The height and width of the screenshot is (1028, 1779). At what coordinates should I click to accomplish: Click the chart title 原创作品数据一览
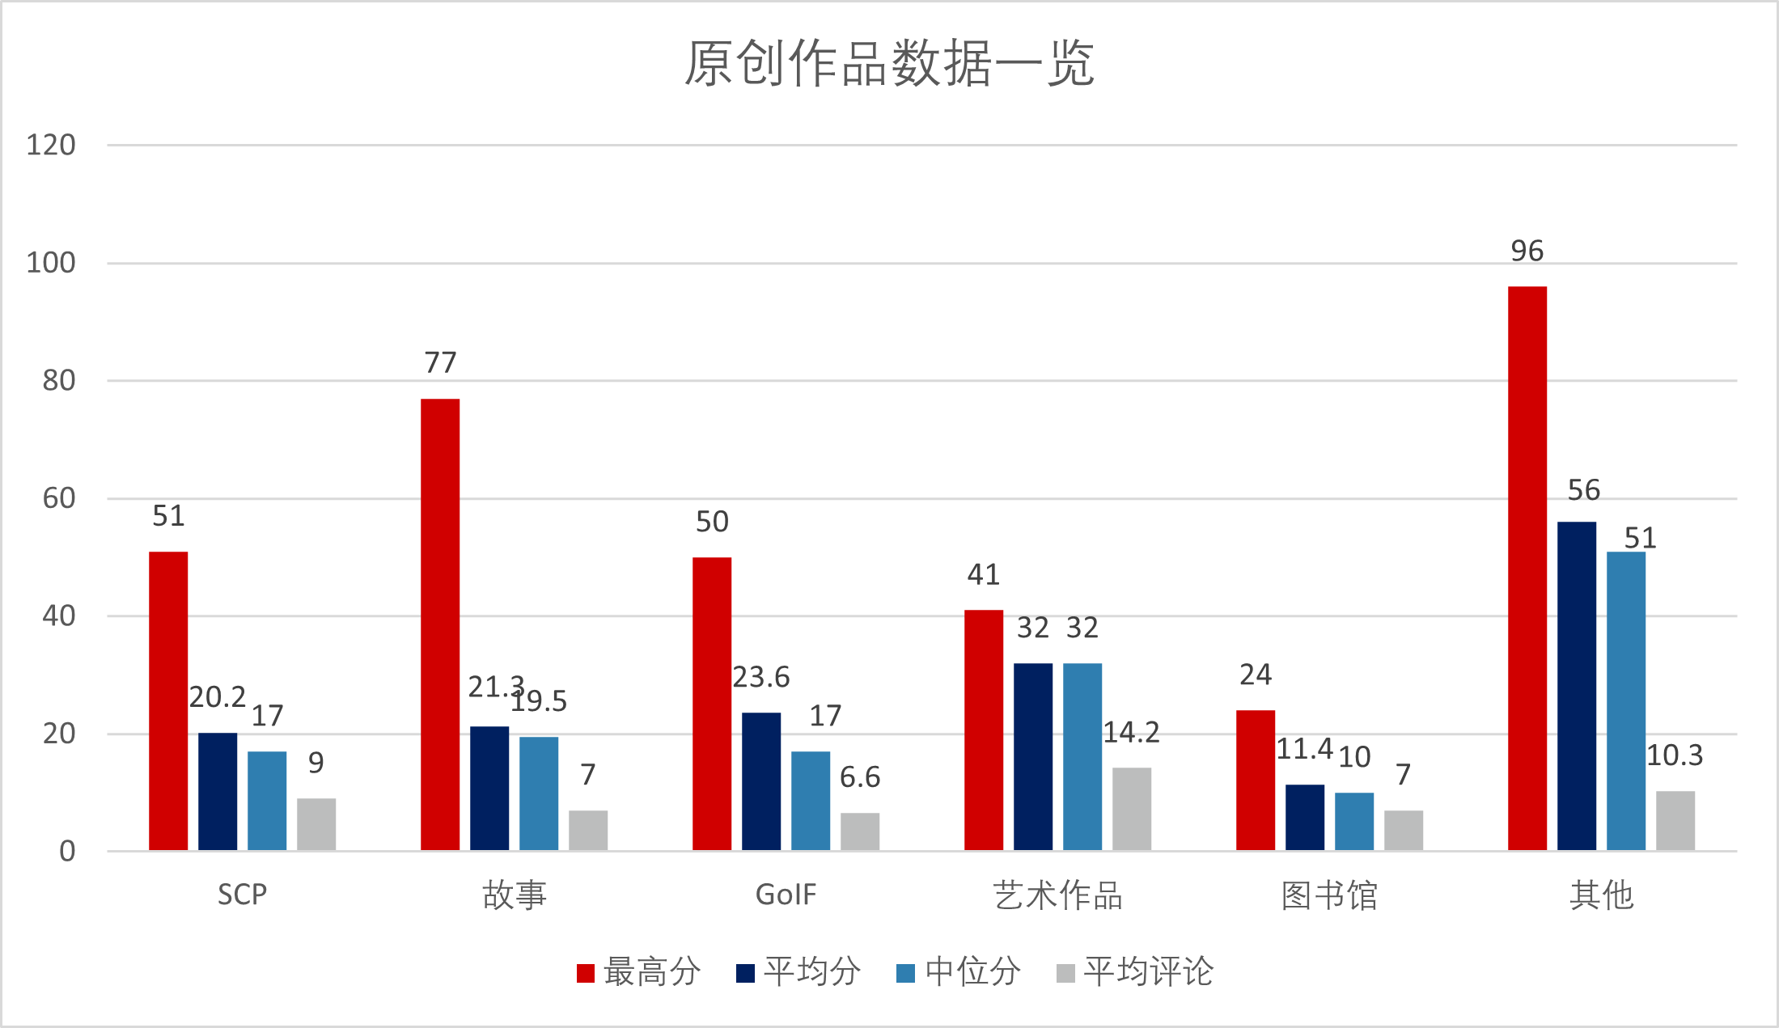coord(889,63)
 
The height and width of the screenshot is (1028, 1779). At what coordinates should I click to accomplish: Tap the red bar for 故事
coord(440,624)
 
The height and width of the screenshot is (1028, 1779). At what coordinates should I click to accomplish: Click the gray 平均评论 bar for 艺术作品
coord(1131,808)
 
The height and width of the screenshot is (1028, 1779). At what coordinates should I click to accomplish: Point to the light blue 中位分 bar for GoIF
coord(810,800)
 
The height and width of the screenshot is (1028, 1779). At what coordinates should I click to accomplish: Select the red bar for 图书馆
coord(1255,780)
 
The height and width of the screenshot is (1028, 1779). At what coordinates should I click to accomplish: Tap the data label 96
coord(1527,252)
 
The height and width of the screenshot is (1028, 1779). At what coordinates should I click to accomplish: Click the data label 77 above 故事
coord(440,363)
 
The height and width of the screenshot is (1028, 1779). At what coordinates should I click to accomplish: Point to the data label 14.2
coord(1131,733)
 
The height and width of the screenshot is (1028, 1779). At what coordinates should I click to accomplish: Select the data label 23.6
coord(760,677)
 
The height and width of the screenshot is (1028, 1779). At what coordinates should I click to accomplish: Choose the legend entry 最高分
coord(639,971)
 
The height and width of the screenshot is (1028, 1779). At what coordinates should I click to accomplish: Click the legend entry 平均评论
coord(1135,971)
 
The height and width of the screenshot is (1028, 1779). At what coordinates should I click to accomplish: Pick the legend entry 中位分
coord(959,971)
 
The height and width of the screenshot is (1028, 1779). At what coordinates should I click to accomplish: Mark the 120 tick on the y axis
coord(51,146)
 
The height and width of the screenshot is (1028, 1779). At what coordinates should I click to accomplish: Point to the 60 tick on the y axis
coord(59,498)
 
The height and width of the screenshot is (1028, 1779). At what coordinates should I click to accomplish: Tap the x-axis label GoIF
coord(786,895)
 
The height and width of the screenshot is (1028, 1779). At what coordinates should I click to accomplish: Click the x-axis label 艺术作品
coord(1057,895)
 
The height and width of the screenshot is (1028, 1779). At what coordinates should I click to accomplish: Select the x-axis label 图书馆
coord(1329,895)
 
